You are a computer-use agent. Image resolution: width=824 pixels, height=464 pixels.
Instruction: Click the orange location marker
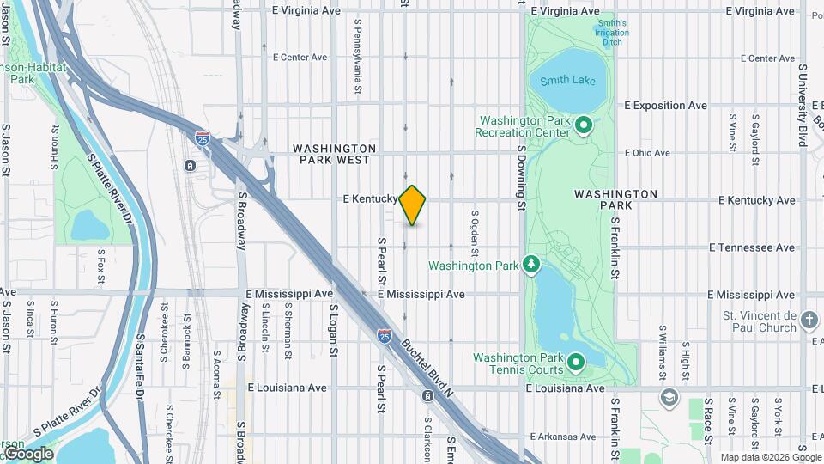click(413, 205)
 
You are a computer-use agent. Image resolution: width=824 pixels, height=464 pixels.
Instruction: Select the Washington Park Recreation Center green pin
click(584, 126)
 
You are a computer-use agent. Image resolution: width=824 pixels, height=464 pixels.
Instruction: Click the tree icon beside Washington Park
click(531, 264)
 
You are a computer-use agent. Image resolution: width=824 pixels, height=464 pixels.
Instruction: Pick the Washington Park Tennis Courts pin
click(574, 363)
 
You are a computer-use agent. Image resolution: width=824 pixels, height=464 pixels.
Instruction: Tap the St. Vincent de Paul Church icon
click(809, 321)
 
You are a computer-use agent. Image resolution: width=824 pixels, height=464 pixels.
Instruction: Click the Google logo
click(27, 453)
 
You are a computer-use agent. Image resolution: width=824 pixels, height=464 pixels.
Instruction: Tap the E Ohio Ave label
click(647, 153)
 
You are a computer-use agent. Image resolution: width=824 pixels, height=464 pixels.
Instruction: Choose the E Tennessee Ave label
click(753, 247)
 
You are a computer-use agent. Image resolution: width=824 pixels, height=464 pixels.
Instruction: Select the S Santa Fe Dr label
click(137, 369)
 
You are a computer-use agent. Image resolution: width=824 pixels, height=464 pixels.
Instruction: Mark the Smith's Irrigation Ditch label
click(612, 33)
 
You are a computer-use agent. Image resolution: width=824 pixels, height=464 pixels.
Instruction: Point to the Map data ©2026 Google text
click(770, 457)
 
